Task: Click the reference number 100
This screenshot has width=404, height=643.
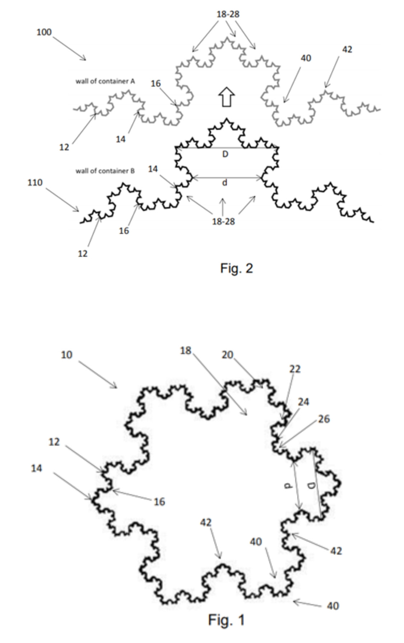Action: [44, 32]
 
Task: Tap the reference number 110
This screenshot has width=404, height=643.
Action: [35, 183]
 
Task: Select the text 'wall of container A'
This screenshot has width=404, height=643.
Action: [105, 81]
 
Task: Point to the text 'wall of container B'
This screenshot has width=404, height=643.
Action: [105, 171]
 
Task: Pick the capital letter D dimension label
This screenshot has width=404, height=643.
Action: [225, 154]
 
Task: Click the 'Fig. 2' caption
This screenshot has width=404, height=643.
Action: [236, 268]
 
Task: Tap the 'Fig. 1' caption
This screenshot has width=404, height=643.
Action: [226, 620]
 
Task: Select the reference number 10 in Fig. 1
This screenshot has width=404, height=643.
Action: [66, 355]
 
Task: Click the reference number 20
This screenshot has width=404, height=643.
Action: [227, 355]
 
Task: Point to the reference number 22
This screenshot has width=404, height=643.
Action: [295, 369]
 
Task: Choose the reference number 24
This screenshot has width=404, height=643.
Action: [303, 402]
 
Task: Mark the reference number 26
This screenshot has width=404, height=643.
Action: [324, 419]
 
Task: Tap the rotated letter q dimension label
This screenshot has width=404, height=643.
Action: [312, 486]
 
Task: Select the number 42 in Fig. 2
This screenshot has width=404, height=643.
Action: [347, 50]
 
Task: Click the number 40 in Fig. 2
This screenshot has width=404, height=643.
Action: [306, 58]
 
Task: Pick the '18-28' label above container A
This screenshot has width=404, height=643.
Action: [228, 14]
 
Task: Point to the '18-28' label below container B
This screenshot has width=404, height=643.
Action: [223, 221]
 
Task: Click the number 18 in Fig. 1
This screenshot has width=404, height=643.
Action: [186, 350]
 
